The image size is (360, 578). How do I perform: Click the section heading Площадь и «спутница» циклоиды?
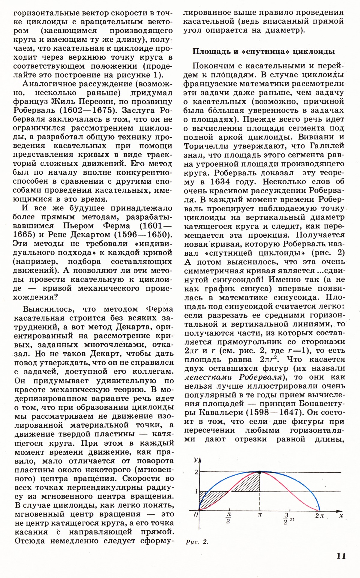[x=263, y=51]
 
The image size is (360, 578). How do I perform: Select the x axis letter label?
[x=341, y=516]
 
